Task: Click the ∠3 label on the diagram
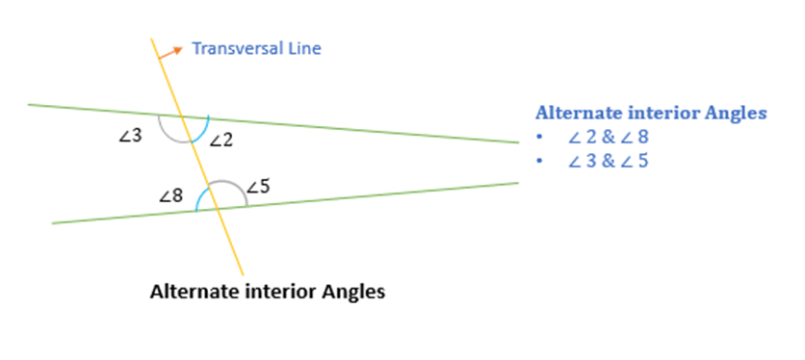click(130, 137)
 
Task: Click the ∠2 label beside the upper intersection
click(221, 141)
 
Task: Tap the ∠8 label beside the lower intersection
click(171, 196)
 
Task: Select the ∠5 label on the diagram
click(257, 187)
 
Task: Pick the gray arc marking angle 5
click(227, 182)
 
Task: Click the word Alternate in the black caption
click(193, 291)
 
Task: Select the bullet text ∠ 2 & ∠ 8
click(609, 138)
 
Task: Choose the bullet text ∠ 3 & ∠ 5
click(609, 161)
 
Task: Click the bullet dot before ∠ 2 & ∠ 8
click(541, 138)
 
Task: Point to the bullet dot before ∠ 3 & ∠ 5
click(541, 161)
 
